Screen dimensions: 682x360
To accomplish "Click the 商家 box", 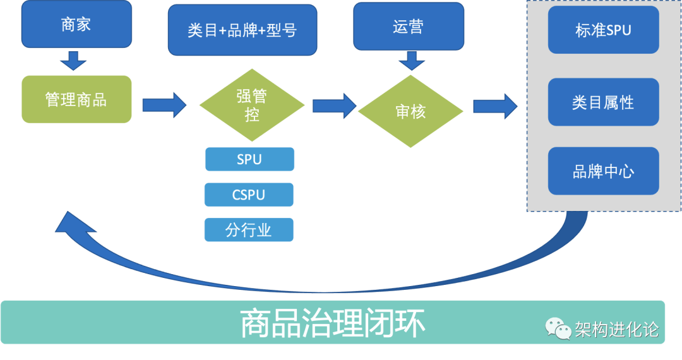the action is pos(76,24).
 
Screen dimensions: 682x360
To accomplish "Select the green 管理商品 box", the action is pos(76,99).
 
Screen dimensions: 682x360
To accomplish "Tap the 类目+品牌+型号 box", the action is pos(242,30).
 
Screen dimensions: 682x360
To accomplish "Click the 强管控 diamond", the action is pos(252,105).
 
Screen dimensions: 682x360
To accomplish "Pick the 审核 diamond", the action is pos(410,111).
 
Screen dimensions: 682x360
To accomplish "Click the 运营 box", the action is pos(409,26).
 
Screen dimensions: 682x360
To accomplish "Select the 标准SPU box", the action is pos(603,30).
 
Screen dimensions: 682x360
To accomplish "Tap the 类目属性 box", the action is pos(603,102).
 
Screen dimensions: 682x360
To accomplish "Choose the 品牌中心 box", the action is pos(603,171).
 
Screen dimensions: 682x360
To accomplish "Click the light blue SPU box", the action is pos(249,159).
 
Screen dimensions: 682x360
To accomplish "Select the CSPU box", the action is pos(249,195).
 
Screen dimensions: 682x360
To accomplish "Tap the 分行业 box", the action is pos(249,229).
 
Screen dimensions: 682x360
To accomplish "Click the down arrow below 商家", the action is pos(73,61).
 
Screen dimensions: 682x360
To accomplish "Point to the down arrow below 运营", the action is pos(412,61).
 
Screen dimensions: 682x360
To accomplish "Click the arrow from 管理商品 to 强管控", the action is pos(164,105).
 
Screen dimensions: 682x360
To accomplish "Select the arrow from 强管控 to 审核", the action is pos(335,105).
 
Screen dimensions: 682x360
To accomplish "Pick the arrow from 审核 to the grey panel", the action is pos(496,106).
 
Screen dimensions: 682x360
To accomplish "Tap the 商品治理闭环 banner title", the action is pos(332,323).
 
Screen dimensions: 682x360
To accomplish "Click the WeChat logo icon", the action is pos(558,328).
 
